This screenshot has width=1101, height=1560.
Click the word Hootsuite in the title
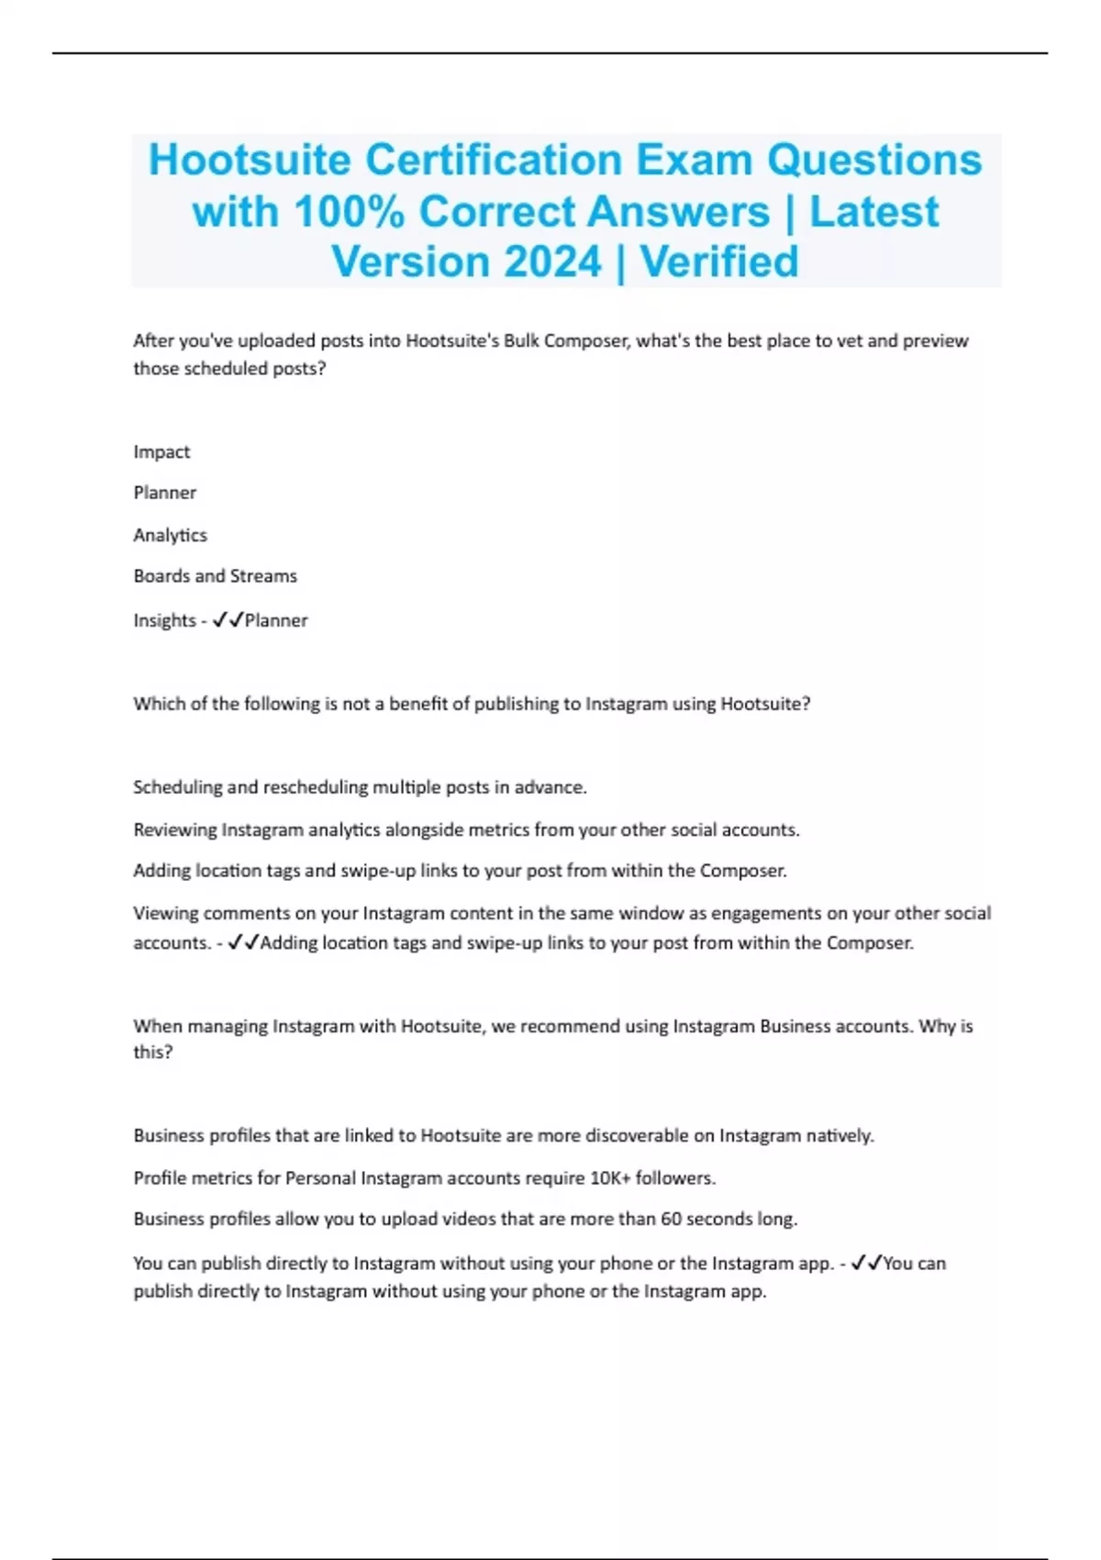pos(250,160)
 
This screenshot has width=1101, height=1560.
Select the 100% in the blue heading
pos(349,212)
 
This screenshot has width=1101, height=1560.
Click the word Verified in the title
pos(719,262)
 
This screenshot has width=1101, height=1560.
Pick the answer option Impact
pos(161,451)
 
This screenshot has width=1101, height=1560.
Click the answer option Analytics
pos(170,535)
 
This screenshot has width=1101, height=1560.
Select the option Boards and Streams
pos(215,576)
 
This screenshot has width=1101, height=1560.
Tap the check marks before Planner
pos(228,620)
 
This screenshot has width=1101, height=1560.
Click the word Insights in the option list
pos(164,620)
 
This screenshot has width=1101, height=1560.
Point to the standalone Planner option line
pos(164,493)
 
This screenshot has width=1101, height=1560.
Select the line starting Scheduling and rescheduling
pos(360,787)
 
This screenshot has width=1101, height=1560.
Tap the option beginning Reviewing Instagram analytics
pos(466,830)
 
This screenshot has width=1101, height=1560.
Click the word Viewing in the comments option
pos(165,913)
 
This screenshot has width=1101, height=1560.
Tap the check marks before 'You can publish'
pos(866,1263)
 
